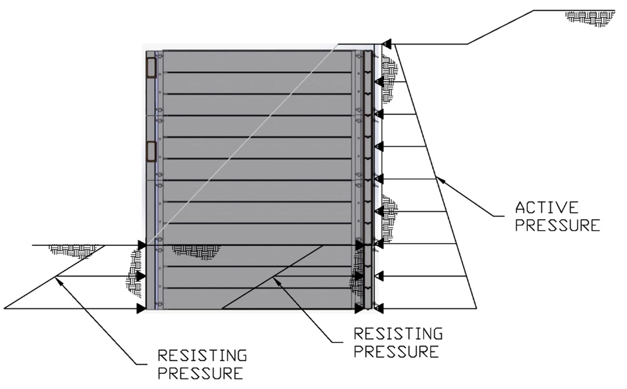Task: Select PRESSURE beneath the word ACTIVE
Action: pyautogui.click(x=557, y=225)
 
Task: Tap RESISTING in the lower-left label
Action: pyautogui.click(x=202, y=355)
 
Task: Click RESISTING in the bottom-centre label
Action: pyautogui.click(x=398, y=333)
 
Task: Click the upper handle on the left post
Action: pyautogui.click(x=151, y=68)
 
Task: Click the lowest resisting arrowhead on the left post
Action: pyautogui.click(x=141, y=308)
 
